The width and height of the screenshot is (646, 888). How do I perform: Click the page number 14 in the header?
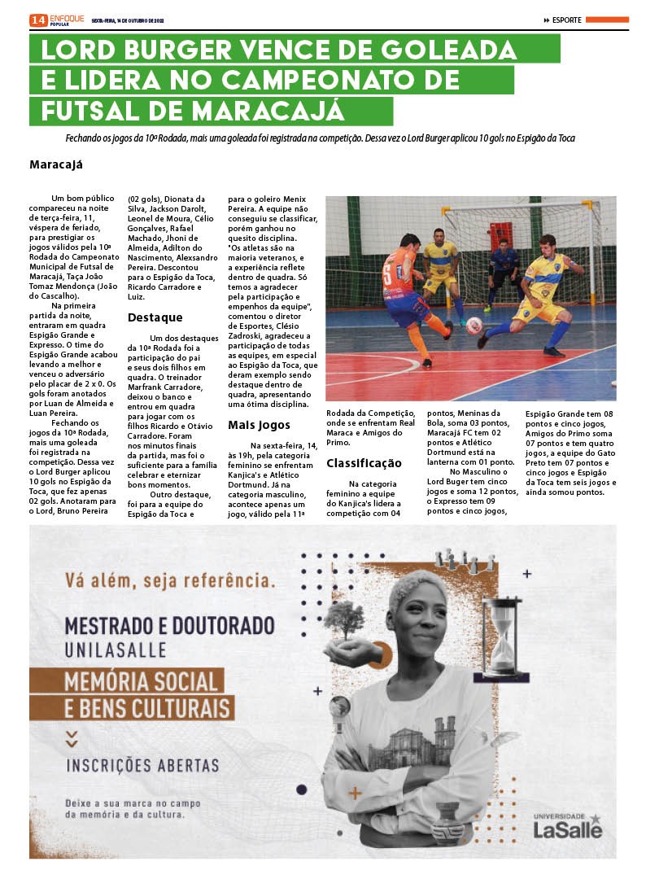[37, 20]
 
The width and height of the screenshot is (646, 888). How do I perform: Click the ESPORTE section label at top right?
[566, 20]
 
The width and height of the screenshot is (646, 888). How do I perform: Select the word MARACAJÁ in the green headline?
[275, 111]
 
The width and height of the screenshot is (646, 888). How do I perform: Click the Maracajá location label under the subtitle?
[56, 164]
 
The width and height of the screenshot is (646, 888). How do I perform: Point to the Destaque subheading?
[155, 317]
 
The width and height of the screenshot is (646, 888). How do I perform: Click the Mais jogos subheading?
[259, 425]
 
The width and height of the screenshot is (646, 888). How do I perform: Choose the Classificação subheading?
[364, 463]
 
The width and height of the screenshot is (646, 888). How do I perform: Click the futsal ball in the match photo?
[474, 326]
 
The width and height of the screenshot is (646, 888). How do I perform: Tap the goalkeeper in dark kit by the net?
[504, 273]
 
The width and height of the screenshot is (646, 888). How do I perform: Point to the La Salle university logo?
[567, 825]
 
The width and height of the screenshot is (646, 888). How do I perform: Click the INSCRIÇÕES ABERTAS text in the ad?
[142, 766]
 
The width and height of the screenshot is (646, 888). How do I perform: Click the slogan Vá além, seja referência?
[169, 581]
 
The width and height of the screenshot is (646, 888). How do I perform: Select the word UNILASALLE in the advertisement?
[116, 650]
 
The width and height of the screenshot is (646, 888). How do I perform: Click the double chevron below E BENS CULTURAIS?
[72, 737]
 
